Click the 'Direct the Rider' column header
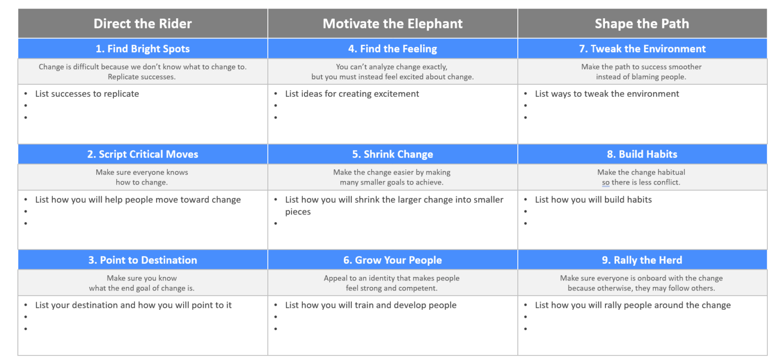tap(143, 23)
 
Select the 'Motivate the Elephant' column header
tap(393, 23)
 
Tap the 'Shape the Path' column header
tap(642, 23)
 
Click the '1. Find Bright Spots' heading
tap(143, 49)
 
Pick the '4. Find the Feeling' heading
tap(393, 49)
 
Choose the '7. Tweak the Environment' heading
tap(642, 49)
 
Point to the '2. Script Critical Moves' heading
tap(143, 154)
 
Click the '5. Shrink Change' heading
tap(393, 154)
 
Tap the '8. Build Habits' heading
tap(642, 154)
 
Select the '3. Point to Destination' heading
tap(143, 260)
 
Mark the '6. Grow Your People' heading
tap(393, 260)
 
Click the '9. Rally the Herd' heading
tap(642, 260)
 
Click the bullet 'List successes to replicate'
tap(87, 94)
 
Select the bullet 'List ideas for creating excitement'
tap(352, 94)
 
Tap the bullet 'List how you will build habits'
tap(593, 199)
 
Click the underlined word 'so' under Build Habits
tap(606, 183)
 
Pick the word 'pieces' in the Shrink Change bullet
tap(298, 212)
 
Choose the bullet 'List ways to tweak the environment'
tap(607, 94)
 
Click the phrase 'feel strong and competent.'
tap(388, 288)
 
